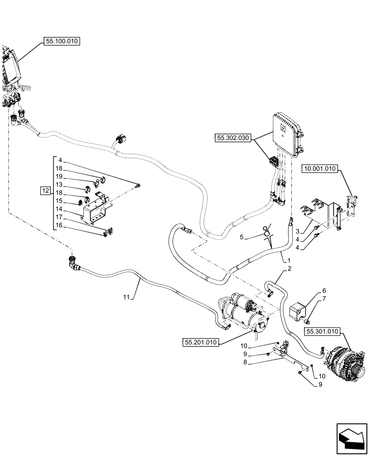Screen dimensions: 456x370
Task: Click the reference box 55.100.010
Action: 62,41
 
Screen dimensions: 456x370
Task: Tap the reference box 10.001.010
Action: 319,169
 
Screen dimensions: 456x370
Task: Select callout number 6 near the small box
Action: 324,290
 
